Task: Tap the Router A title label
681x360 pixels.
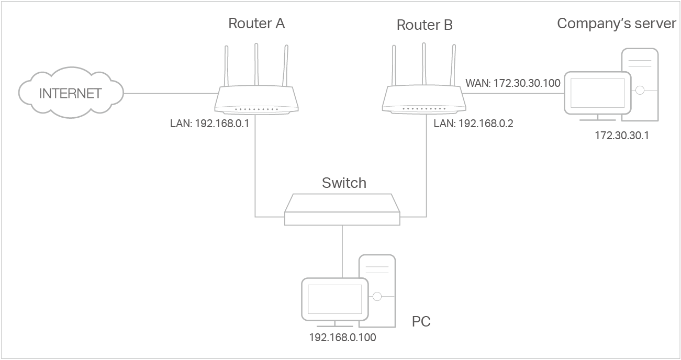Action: [x=256, y=24]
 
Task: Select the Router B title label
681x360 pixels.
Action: [x=425, y=25]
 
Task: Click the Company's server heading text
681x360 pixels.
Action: [x=617, y=24]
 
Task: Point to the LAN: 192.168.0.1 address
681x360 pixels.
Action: [x=209, y=123]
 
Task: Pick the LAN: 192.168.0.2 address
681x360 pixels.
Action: [x=473, y=123]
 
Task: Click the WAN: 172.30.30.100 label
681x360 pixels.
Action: [x=513, y=83]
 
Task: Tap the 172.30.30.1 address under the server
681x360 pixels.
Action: [x=622, y=136]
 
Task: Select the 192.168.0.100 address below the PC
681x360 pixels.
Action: [x=343, y=337]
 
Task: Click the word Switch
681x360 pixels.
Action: [x=344, y=183]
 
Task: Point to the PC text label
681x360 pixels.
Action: [x=421, y=321]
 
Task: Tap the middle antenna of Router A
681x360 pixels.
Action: [x=256, y=64]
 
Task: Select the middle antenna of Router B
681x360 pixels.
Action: [x=424, y=64]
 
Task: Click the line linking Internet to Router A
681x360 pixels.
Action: [x=171, y=93]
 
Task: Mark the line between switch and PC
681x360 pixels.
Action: [x=342, y=252]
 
